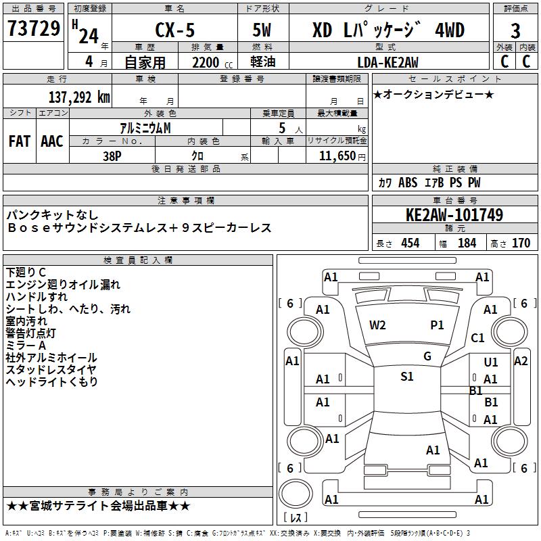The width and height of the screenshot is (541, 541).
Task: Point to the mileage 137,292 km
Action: [79, 97]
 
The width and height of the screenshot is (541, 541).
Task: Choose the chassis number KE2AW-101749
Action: [454, 216]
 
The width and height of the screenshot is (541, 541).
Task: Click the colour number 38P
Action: [112, 155]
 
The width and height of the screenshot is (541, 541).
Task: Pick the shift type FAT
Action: [20, 141]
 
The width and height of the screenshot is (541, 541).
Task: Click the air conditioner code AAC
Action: [52, 141]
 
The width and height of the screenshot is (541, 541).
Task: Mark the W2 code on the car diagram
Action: [377, 325]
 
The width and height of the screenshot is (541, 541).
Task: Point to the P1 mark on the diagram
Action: [438, 325]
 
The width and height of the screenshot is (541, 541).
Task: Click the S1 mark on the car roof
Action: [406, 377]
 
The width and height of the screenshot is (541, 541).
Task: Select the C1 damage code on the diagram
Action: [478, 337]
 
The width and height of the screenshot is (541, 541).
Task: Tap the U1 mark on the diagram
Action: [491, 362]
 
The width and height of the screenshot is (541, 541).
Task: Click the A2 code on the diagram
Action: [521, 361]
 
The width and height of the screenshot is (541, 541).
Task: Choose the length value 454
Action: [410, 243]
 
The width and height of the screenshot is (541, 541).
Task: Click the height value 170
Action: [521, 243]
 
